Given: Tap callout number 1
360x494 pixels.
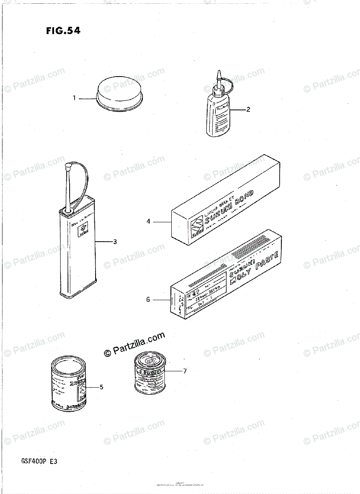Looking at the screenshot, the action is click(74, 98).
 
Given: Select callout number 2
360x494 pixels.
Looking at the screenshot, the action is click(248, 110).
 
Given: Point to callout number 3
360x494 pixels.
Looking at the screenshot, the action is click(115, 242).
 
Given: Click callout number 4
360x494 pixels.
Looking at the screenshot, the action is click(148, 222).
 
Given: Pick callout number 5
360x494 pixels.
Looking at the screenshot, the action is click(101, 387).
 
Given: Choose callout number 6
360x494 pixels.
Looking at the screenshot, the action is click(148, 299).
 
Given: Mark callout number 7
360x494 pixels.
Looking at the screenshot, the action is click(185, 371).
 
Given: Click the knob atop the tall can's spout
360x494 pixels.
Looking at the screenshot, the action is click(68, 167).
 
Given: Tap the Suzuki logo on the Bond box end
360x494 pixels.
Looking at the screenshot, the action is click(197, 227).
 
